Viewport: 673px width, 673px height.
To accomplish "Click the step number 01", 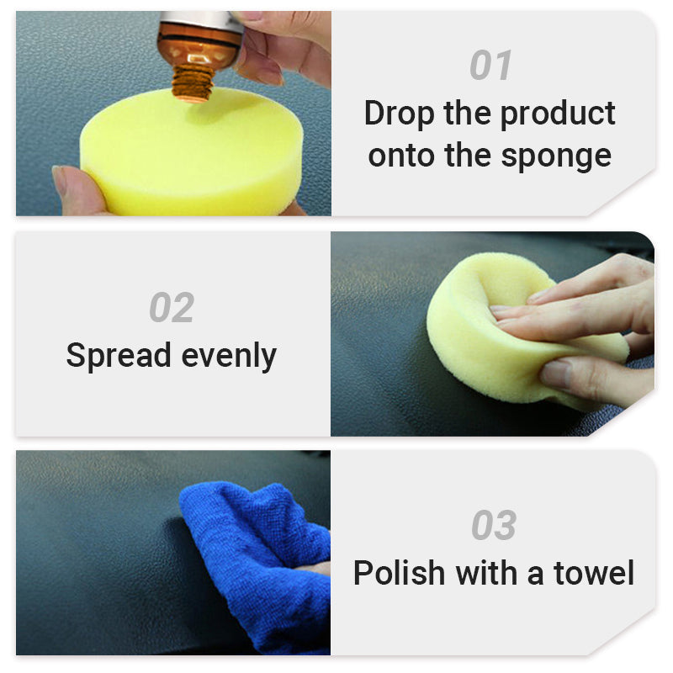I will point(490,66).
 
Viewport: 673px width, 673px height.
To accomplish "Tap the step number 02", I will point(172,308).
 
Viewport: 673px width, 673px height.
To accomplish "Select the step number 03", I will point(493,526).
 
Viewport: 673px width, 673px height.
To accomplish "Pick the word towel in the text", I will point(594,573).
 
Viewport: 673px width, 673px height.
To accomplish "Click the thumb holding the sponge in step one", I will point(76,189).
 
